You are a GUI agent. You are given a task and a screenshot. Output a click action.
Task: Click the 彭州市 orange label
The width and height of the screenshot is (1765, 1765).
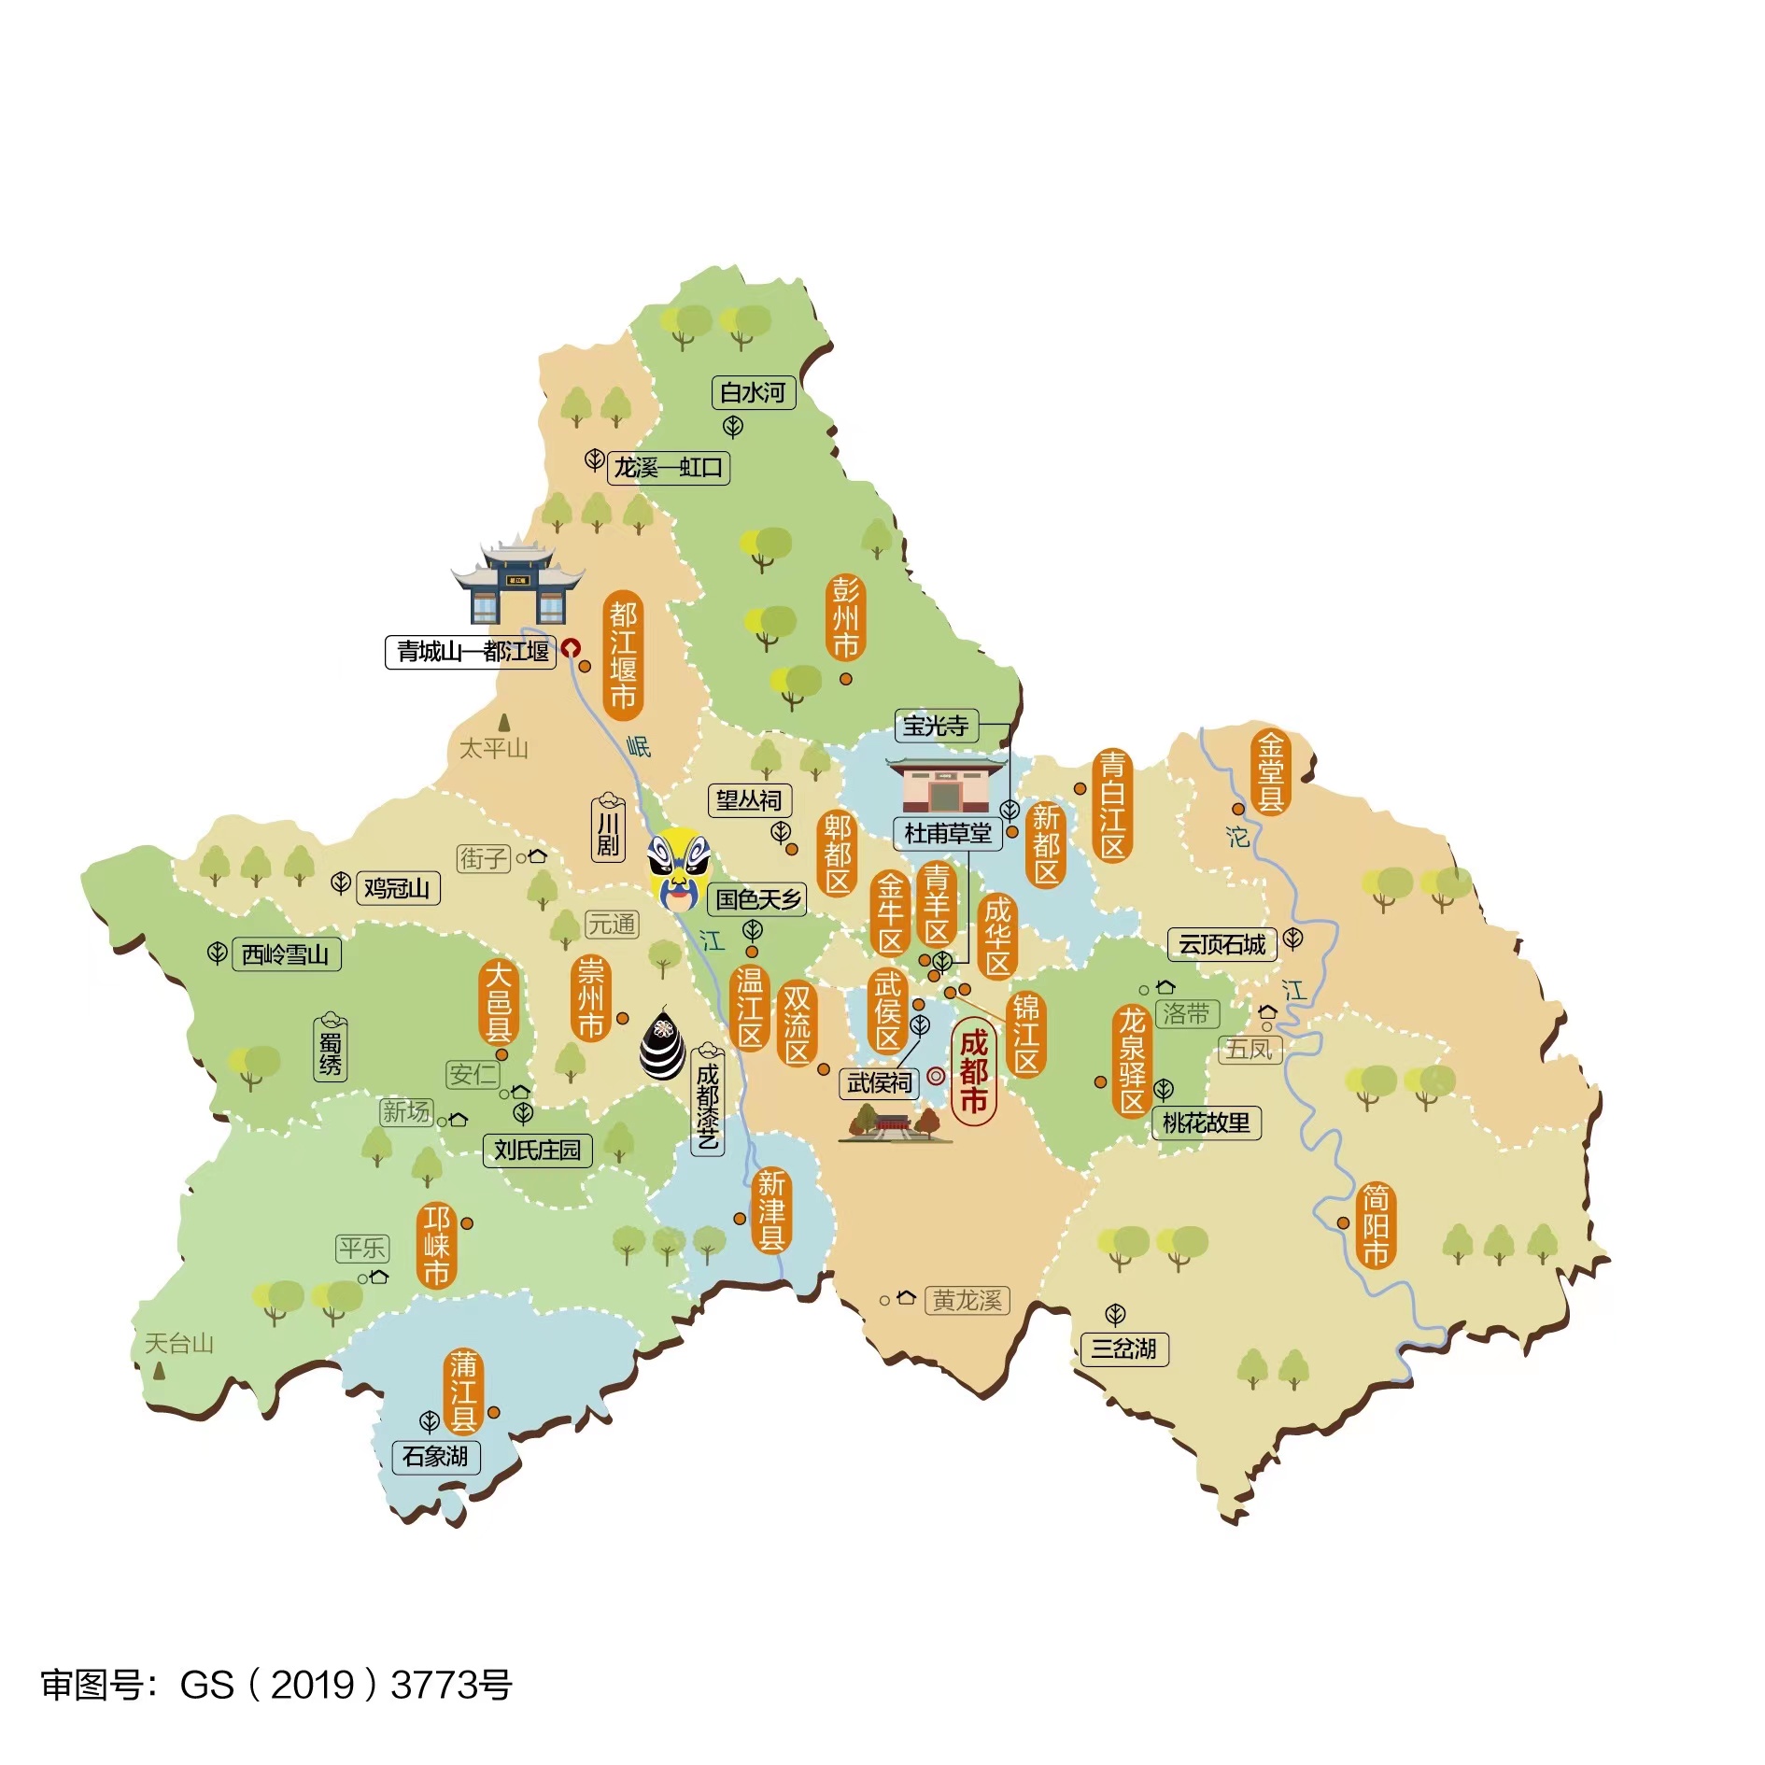(845, 617)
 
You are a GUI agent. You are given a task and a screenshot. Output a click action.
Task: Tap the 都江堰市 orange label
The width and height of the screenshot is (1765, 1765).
(623, 655)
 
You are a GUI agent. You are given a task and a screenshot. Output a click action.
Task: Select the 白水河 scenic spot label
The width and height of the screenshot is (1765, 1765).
(753, 392)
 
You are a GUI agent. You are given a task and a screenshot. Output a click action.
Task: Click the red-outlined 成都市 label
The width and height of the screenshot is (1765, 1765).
(974, 1072)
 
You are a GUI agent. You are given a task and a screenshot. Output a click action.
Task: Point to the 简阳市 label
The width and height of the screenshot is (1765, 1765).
(1375, 1224)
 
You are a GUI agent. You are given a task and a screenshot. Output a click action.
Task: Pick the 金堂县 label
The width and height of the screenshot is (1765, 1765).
(1270, 772)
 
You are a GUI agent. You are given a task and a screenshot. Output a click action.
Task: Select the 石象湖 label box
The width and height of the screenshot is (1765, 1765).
(435, 1456)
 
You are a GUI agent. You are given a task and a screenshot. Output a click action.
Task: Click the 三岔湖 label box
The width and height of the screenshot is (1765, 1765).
(1123, 1348)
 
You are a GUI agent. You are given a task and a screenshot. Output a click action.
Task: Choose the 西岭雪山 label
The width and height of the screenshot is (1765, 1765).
(286, 954)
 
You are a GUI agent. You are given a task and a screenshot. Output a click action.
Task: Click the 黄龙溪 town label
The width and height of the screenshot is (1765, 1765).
(967, 1300)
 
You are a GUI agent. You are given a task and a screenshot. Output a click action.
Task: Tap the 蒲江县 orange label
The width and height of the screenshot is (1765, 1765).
(463, 1393)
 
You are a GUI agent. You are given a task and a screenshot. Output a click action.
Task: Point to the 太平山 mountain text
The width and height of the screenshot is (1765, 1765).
(494, 748)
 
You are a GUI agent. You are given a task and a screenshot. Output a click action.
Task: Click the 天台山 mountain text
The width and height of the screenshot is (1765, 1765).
(179, 1343)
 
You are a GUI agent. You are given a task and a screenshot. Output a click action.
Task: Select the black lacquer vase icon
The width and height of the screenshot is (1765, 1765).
(662, 1043)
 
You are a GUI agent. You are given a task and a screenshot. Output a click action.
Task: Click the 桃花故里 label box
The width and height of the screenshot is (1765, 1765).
(1206, 1123)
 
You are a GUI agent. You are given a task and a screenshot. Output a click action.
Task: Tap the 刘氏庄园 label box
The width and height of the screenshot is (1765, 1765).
(537, 1150)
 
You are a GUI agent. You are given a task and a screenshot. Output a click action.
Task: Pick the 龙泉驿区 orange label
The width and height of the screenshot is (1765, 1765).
(1132, 1061)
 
